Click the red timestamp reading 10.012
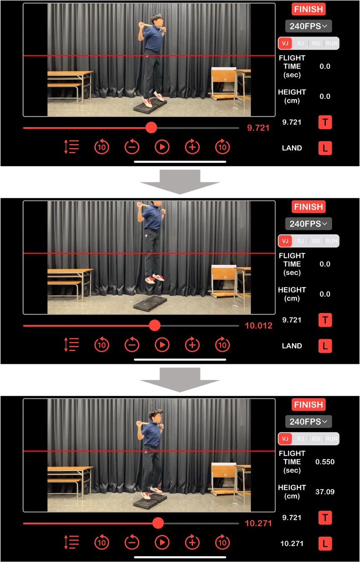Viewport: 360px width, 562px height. click(x=259, y=326)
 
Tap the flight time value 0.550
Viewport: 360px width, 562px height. click(x=325, y=462)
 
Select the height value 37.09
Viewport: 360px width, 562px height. click(x=325, y=492)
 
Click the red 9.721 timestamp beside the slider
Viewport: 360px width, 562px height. click(x=258, y=128)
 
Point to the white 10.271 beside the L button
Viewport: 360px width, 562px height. click(x=292, y=543)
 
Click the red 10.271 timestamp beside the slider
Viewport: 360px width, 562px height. click(x=258, y=523)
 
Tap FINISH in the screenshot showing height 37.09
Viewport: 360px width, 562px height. click(x=308, y=405)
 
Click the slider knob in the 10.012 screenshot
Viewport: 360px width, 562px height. click(x=155, y=326)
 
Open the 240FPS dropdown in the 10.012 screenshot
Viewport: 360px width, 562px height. click(x=308, y=224)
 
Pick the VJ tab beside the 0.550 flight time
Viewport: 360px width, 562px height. click(x=285, y=438)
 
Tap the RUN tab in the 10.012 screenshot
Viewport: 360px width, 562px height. click(x=331, y=241)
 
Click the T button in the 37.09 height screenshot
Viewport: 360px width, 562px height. click(x=325, y=517)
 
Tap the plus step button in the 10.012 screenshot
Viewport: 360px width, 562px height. click(x=192, y=345)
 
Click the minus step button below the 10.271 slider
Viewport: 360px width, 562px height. click(x=132, y=542)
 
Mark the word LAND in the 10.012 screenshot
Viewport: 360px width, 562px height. click(x=292, y=346)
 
